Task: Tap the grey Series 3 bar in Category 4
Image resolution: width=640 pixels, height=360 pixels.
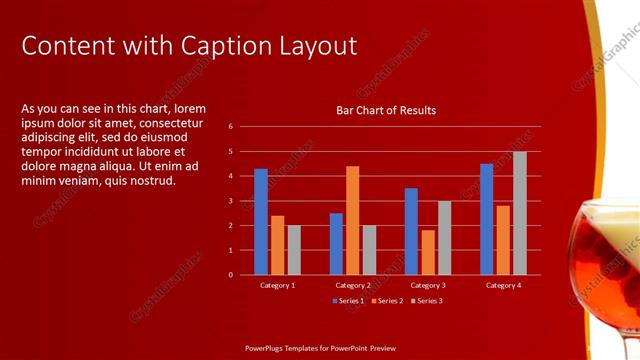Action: tap(520, 213)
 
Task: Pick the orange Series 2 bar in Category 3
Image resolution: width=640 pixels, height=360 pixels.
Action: tap(428, 252)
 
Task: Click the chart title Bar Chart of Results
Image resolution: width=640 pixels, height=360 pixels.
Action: tap(386, 110)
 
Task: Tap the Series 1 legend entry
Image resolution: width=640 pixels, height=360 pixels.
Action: tap(349, 300)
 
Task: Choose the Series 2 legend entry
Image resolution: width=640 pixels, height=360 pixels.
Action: tap(387, 300)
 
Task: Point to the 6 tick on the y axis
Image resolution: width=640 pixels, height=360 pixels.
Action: tap(230, 127)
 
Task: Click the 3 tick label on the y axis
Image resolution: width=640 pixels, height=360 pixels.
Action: tap(230, 201)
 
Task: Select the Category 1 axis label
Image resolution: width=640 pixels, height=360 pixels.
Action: tap(277, 285)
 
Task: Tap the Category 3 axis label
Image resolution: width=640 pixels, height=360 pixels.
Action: tap(428, 285)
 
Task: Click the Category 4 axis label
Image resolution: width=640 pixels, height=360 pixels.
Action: tap(503, 285)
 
